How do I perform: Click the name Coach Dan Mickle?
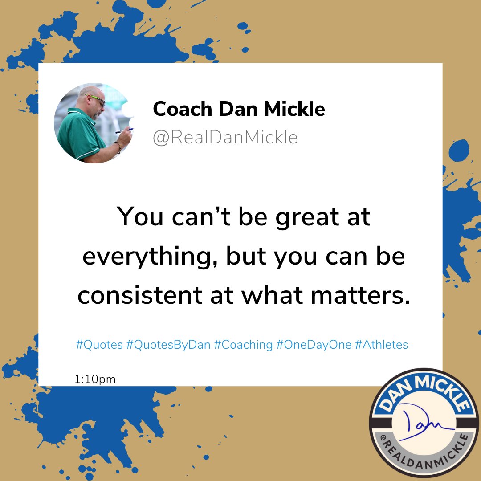click(239, 109)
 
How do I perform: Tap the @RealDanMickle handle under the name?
click(225, 138)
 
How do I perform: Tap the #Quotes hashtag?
click(99, 345)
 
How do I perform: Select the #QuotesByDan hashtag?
click(168, 345)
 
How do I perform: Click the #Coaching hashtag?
click(243, 345)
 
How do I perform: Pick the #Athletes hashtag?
click(381, 345)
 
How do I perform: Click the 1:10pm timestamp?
click(95, 379)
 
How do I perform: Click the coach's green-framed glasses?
click(97, 100)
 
